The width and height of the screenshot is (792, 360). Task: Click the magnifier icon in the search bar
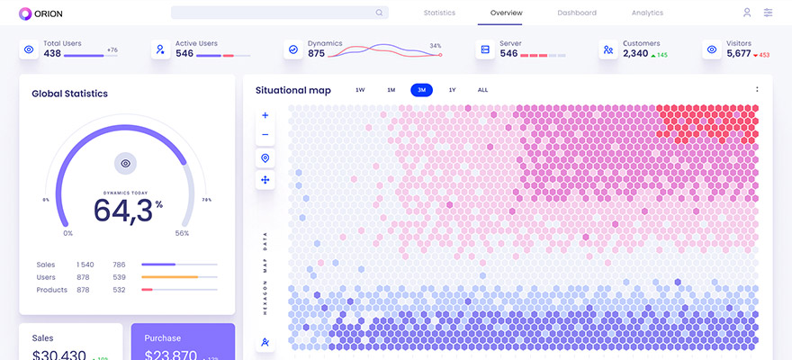(x=380, y=13)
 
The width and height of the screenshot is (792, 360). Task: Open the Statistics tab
(x=439, y=13)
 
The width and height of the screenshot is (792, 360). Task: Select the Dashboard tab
(x=577, y=13)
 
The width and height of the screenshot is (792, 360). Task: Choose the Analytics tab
(x=647, y=13)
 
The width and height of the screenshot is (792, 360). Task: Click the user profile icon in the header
(x=747, y=13)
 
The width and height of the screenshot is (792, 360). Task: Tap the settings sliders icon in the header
(x=768, y=13)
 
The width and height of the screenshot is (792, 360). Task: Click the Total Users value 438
(x=52, y=54)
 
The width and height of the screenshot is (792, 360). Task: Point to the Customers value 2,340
(x=635, y=54)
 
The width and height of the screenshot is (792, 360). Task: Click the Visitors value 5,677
(x=738, y=54)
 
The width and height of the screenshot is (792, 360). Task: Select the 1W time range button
(x=360, y=90)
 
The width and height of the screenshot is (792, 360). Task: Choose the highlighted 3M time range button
(x=421, y=90)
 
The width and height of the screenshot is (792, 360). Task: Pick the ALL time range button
(x=482, y=90)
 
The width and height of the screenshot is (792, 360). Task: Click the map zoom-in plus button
(x=265, y=115)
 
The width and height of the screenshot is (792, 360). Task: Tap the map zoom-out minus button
(x=265, y=135)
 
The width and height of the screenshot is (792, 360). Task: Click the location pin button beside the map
(x=265, y=158)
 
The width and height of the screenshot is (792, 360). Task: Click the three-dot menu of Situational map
(x=757, y=89)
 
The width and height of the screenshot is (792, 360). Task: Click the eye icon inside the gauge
(x=126, y=163)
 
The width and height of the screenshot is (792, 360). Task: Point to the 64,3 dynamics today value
(x=122, y=210)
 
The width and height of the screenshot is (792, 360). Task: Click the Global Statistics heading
(x=69, y=94)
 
